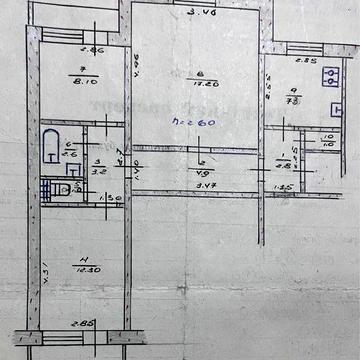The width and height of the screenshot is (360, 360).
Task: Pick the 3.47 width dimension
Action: point(205,183)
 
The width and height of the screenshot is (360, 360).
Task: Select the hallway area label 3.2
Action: point(99,171)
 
